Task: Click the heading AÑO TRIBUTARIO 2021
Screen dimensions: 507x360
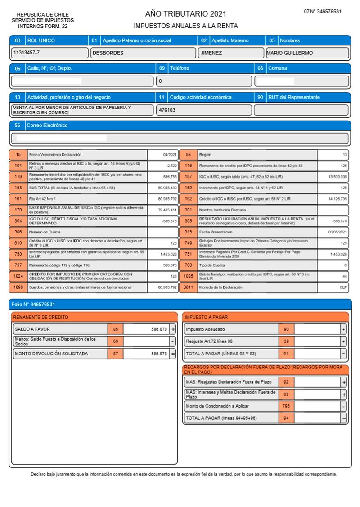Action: [x=185, y=14]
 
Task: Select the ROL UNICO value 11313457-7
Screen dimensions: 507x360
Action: [x=27, y=53]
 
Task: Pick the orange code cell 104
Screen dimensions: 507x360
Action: [x=18, y=165]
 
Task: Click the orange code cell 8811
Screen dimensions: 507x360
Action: [x=188, y=287]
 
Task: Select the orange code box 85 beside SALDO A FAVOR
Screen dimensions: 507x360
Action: [x=115, y=329]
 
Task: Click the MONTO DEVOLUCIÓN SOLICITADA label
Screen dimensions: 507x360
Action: [x=51, y=354]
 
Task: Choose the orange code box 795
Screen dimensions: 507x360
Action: [x=286, y=406]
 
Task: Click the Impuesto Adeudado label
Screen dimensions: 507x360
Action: [x=205, y=329]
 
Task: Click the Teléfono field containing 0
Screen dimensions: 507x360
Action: [x=204, y=81]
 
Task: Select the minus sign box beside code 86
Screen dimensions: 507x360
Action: [x=172, y=341]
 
